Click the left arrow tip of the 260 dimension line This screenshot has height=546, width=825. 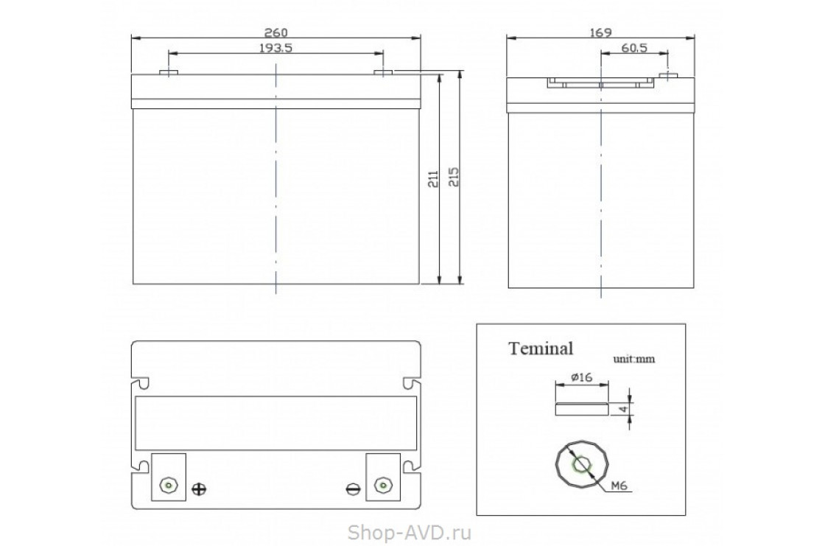click(131, 38)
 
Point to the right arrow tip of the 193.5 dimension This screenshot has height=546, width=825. click(384, 53)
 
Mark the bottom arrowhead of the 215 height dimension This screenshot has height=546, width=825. click(460, 283)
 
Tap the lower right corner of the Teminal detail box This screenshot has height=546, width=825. click(686, 515)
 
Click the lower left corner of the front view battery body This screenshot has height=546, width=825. click(133, 284)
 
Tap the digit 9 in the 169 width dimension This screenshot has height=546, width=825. click(608, 32)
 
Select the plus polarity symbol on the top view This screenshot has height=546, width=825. click(199, 489)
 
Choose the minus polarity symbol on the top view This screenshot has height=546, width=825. click(354, 489)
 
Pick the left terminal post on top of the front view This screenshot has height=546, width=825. click(169, 71)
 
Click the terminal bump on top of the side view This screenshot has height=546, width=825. click(667, 75)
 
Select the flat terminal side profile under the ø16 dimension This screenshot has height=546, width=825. click(582, 409)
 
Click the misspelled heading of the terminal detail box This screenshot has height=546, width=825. click(541, 349)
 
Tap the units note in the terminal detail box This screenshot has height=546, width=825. click(633, 359)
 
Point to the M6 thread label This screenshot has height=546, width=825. click(619, 486)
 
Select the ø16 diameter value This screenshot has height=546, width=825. click(581, 377)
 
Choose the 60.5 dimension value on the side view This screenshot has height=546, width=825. click(634, 48)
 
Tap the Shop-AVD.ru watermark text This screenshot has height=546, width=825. click(410, 532)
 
